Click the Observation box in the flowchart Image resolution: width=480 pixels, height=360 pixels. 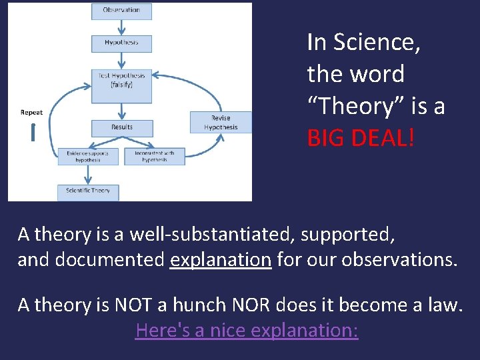121,11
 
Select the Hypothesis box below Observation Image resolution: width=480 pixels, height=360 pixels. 121,43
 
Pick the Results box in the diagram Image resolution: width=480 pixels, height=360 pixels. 121,127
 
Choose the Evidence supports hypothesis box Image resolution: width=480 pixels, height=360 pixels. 87,157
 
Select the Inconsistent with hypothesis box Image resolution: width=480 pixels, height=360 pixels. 155,157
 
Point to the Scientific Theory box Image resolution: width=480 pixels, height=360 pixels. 87,191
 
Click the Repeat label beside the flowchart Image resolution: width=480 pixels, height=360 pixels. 31,113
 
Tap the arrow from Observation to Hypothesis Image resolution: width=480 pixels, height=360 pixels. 121,27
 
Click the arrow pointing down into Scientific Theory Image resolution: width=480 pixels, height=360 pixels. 87,174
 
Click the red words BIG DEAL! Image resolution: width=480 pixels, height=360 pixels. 361,138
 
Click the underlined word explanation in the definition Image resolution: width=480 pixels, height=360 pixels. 221,259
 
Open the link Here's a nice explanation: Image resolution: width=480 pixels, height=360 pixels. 247,330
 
